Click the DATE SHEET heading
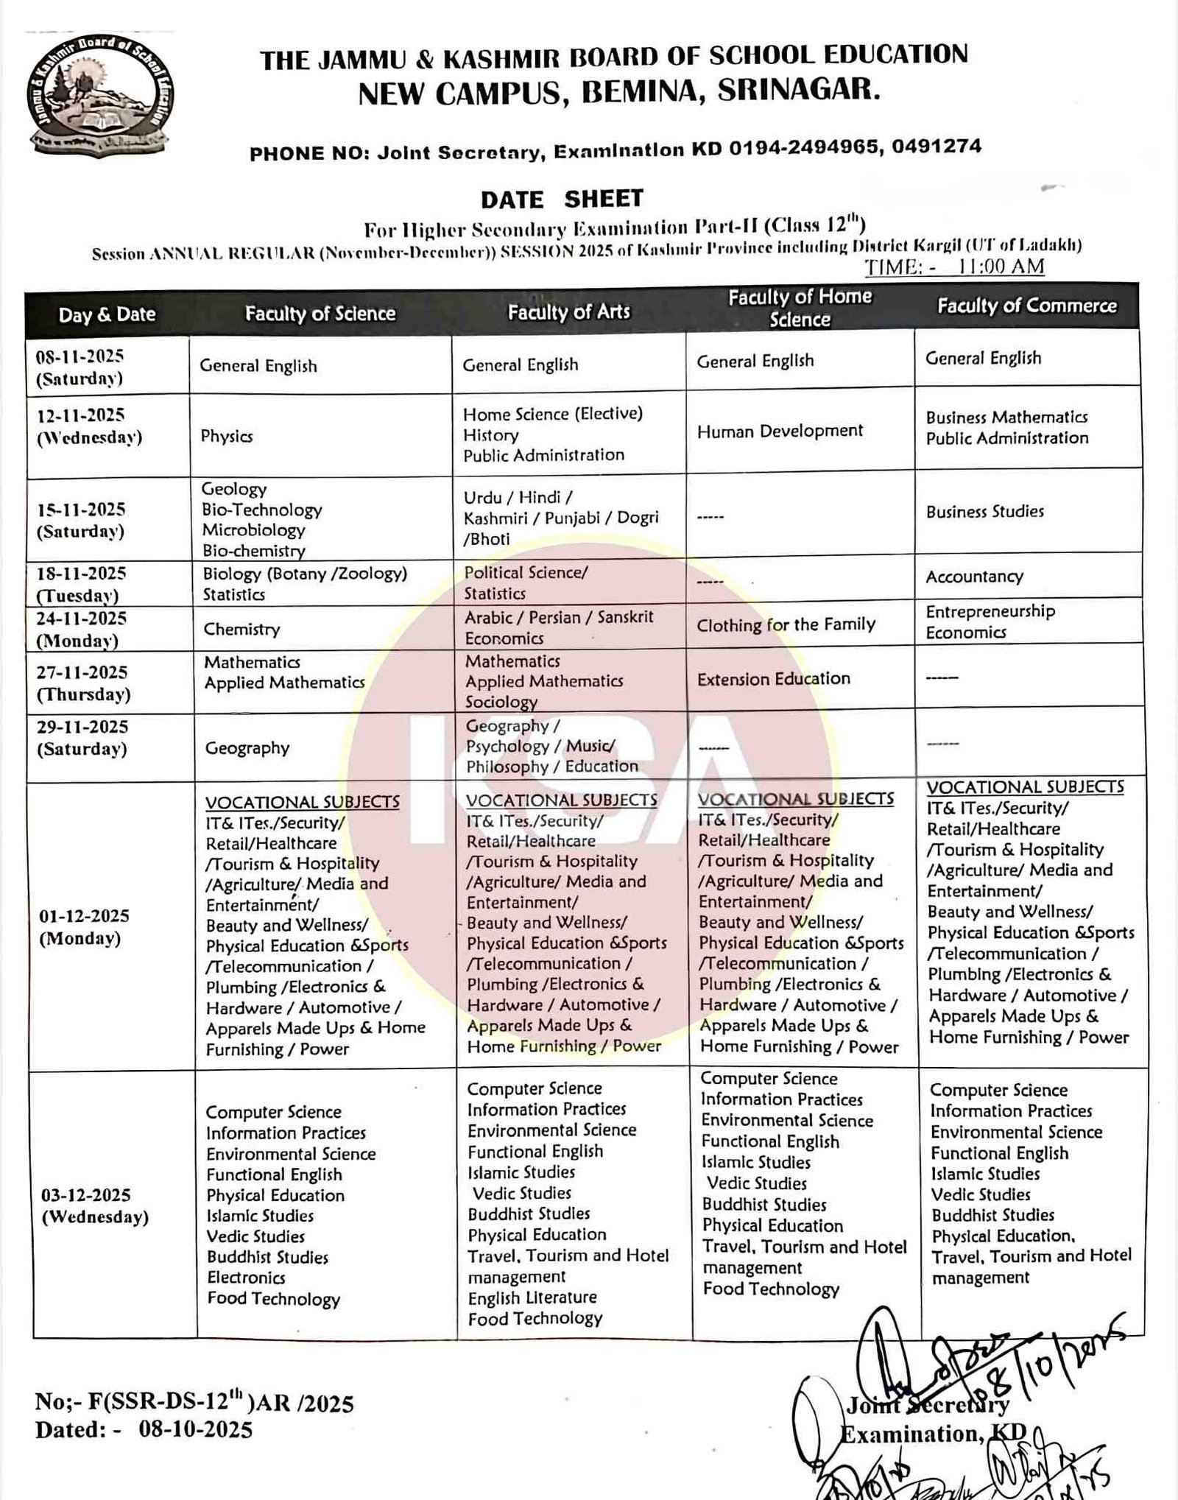pyautogui.click(x=562, y=199)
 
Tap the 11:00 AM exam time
pyautogui.click(x=1000, y=266)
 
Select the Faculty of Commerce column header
pyautogui.click(x=1026, y=306)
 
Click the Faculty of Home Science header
pyautogui.click(x=800, y=308)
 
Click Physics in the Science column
pyautogui.click(x=227, y=436)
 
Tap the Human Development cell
pyautogui.click(x=780, y=431)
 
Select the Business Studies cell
pyautogui.click(x=984, y=511)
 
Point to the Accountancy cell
pyautogui.click(x=974, y=577)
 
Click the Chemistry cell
pyautogui.click(x=242, y=629)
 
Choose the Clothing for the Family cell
pyautogui.click(x=786, y=625)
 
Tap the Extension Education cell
pyautogui.click(x=773, y=678)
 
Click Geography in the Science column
pyautogui.click(x=247, y=748)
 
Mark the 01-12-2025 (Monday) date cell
pyautogui.click(x=84, y=926)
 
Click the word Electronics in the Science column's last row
pyautogui.click(x=246, y=1278)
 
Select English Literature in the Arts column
pyautogui.click(x=532, y=1297)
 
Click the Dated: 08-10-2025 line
pyautogui.click(x=144, y=1429)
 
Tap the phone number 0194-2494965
pyautogui.click(x=804, y=148)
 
